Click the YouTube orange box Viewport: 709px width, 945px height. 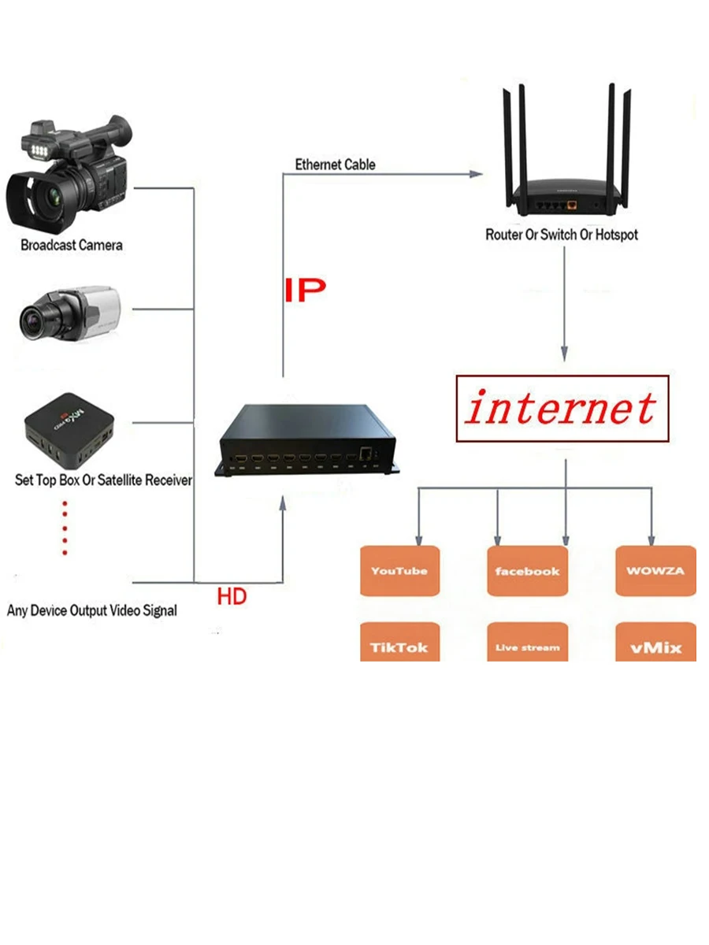pyautogui.click(x=399, y=570)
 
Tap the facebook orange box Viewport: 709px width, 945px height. pyautogui.click(x=527, y=570)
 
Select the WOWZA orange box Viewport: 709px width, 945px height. pyautogui.click(x=655, y=570)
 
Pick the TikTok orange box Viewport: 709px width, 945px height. pyautogui.click(x=399, y=644)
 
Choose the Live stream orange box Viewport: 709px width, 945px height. pyautogui.click(x=527, y=645)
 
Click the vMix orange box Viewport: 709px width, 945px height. pyautogui.click(x=655, y=644)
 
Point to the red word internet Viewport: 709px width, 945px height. pyautogui.click(x=561, y=409)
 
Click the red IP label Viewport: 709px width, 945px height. pyautogui.click(x=304, y=290)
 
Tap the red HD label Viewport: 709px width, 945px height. pyautogui.click(x=232, y=596)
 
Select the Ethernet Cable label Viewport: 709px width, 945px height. pyautogui.click(x=335, y=165)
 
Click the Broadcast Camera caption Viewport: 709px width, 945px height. pyautogui.click(x=72, y=245)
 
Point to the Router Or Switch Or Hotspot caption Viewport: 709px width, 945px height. pyautogui.click(x=562, y=235)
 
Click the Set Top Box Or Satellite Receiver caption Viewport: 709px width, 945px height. pyautogui.click(x=103, y=480)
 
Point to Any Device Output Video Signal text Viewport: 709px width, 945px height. pyautogui.click(x=92, y=610)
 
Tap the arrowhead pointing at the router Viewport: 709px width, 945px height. pyautogui.click(x=477, y=176)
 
